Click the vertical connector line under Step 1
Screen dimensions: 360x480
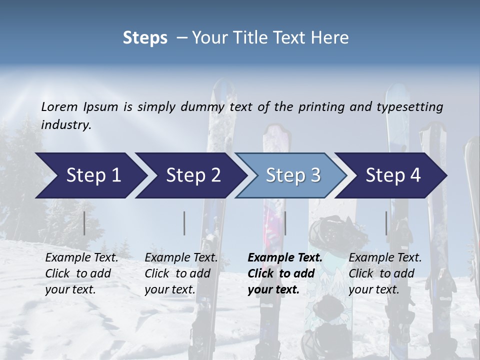point(84,223)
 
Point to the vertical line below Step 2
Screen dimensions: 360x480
point(184,223)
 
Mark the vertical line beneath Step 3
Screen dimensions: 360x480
point(285,223)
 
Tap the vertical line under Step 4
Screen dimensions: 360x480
point(386,223)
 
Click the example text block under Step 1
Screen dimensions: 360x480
point(81,273)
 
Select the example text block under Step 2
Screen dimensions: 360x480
point(181,273)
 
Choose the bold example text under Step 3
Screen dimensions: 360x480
point(284,273)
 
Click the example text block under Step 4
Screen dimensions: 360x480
point(385,273)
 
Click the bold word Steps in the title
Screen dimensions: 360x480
point(145,38)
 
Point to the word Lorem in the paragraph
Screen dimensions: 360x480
point(59,107)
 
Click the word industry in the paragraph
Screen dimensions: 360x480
point(66,125)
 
